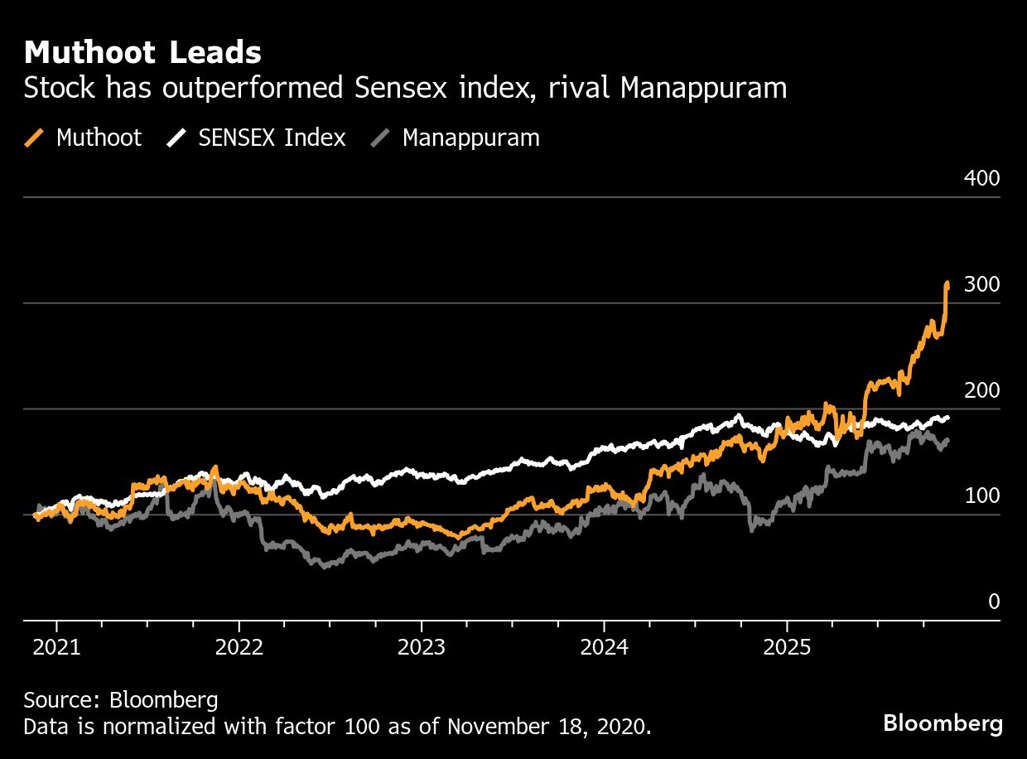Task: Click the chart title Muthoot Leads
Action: coord(142,53)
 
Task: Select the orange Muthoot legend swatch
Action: coord(35,138)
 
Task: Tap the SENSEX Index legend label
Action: coord(272,138)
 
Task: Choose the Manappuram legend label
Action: coord(470,138)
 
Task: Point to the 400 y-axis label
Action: coord(982,179)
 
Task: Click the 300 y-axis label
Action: coord(982,285)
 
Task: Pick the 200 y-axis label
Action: coord(982,391)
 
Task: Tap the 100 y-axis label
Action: coord(982,496)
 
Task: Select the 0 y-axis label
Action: coord(993,602)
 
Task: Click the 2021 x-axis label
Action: coord(56,646)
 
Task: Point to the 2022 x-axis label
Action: coord(239,646)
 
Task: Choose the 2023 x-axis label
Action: coord(422,646)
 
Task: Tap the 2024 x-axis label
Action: coord(604,646)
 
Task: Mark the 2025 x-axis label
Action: coord(787,646)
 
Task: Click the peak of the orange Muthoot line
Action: coord(947,283)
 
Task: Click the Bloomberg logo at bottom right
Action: coord(943,723)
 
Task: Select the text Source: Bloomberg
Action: coord(121,700)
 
